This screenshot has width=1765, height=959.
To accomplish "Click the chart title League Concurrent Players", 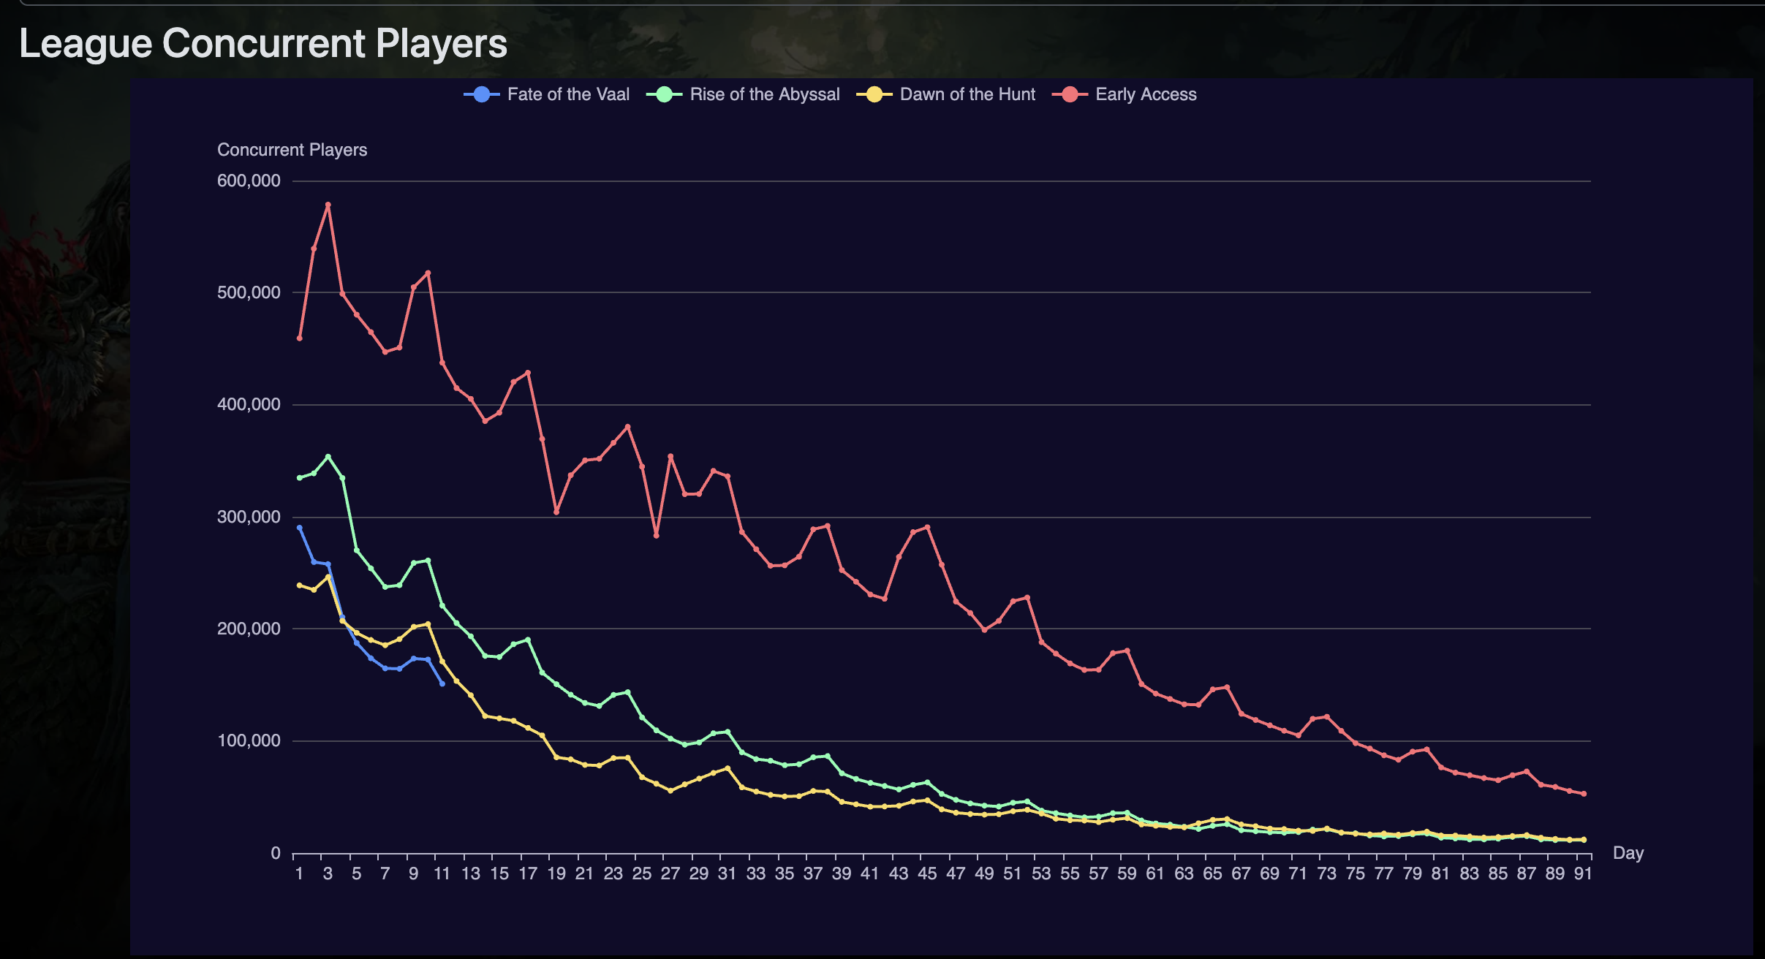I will [x=263, y=43].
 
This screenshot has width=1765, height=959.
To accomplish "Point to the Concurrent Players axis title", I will [x=292, y=150].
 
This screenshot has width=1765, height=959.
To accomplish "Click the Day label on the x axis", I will [x=1628, y=853].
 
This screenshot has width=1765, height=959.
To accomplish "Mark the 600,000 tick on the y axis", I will [x=249, y=181].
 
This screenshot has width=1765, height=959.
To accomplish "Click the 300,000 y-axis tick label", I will [x=249, y=517].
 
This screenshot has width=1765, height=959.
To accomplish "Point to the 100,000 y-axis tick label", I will [x=249, y=740].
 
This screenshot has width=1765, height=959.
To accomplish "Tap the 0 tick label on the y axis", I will [x=276, y=853].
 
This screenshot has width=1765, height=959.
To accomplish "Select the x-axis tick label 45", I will [x=927, y=873].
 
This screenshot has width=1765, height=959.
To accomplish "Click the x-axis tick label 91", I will [x=1583, y=873].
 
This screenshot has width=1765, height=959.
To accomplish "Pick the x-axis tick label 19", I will [x=556, y=873].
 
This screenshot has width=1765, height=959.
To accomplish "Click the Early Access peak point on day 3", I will [x=328, y=205].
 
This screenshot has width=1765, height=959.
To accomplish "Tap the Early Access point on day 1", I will [x=300, y=338].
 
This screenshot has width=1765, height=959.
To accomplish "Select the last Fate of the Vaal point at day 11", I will [x=442, y=683].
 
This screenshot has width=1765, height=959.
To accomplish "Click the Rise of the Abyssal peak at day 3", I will [x=328, y=457].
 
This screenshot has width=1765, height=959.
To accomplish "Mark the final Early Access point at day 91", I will [x=1584, y=794].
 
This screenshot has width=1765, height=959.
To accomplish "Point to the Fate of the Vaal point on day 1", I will [x=300, y=528].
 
